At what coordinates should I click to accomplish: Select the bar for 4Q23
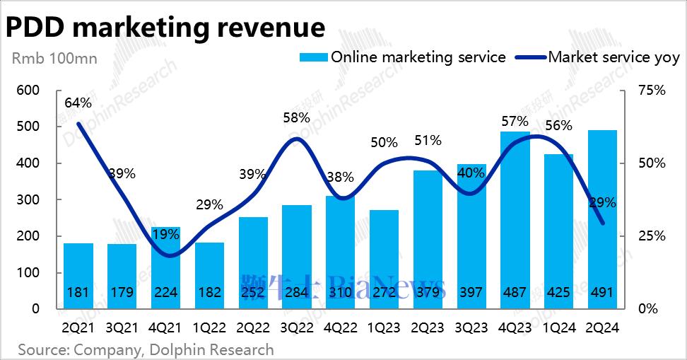point(515,212)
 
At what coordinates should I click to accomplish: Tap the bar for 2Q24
point(603,212)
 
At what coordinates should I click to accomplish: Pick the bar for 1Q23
point(384,255)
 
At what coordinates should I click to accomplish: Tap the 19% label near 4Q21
point(165,234)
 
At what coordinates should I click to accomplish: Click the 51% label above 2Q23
point(428,140)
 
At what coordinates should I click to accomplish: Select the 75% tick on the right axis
point(652,91)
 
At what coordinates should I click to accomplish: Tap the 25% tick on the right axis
point(652,236)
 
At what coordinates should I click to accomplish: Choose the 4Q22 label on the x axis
point(340,327)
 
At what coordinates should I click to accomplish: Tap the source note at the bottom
point(146,349)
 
